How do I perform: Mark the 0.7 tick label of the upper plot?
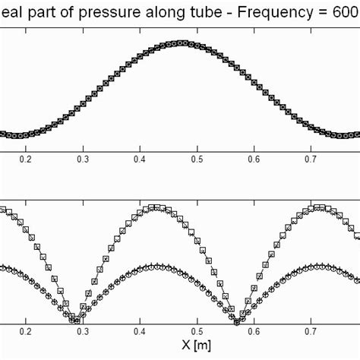coord(311,160)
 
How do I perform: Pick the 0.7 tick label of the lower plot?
coord(311,332)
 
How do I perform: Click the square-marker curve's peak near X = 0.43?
coord(156,207)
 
